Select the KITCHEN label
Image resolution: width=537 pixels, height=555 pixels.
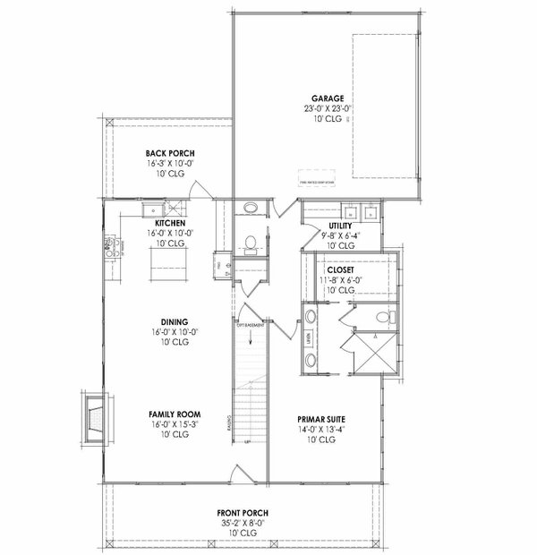[170, 223]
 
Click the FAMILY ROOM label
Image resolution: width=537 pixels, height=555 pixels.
[175, 414]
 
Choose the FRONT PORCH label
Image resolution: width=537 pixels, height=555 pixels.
[242, 512]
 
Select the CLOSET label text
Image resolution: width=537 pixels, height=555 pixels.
[341, 269]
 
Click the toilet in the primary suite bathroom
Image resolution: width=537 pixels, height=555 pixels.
[384, 318]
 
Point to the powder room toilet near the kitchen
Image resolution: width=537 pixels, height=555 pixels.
[251, 241]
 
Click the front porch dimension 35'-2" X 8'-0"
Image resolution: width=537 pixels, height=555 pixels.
[242, 523]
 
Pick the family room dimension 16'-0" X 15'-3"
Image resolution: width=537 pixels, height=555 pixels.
[175, 424]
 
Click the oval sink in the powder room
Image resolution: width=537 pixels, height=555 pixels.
[251, 210]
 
